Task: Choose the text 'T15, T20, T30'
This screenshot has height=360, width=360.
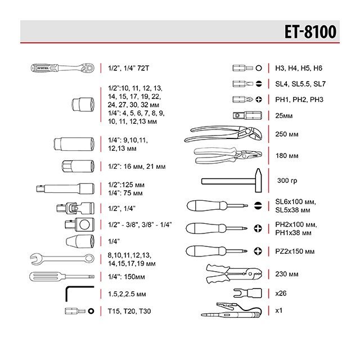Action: [x=129, y=311]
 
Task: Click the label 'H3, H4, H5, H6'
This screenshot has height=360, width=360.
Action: [x=299, y=68]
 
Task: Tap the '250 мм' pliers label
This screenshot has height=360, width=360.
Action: [x=287, y=135]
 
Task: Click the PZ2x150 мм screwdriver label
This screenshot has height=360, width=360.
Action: [x=295, y=250]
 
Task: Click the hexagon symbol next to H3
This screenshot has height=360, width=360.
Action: [x=258, y=68]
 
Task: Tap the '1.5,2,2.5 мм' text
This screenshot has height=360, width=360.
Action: [x=127, y=294]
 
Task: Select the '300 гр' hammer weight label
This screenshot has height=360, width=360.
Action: [x=287, y=181]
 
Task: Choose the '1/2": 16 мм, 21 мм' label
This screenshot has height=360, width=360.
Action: [x=137, y=166]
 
